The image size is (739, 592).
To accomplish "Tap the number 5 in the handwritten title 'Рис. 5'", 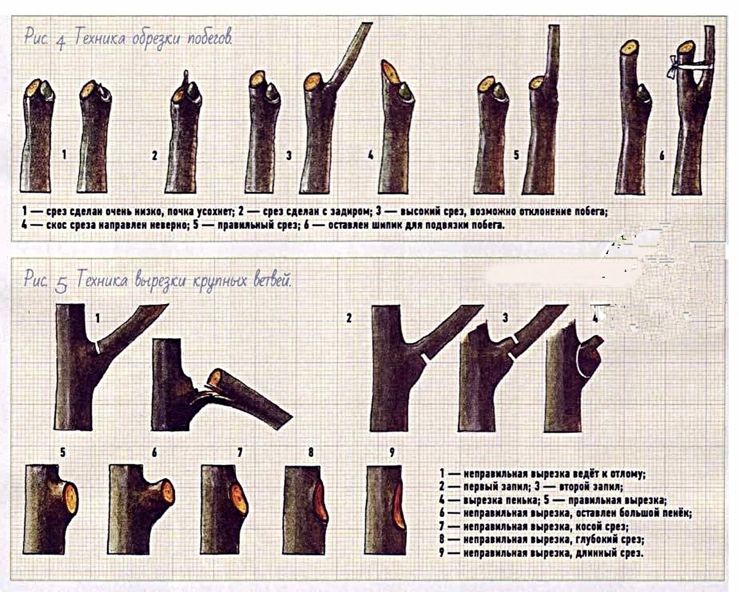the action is (x=61, y=286).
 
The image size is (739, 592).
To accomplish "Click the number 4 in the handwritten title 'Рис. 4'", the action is (x=60, y=44).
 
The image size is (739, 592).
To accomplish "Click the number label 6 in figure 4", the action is (x=662, y=156).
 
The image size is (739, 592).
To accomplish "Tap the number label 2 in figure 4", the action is (x=155, y=156).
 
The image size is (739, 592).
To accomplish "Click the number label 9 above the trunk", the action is (x=392, y=452).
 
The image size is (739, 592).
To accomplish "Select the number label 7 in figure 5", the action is (x=240, y=452).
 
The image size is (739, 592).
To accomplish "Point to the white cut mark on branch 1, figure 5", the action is (x=97, y=347).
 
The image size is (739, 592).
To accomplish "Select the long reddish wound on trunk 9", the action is (x=398, y=507).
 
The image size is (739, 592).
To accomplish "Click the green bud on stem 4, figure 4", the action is (x=404, y=93).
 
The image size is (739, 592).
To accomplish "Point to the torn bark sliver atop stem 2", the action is (x=185, y=77).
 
